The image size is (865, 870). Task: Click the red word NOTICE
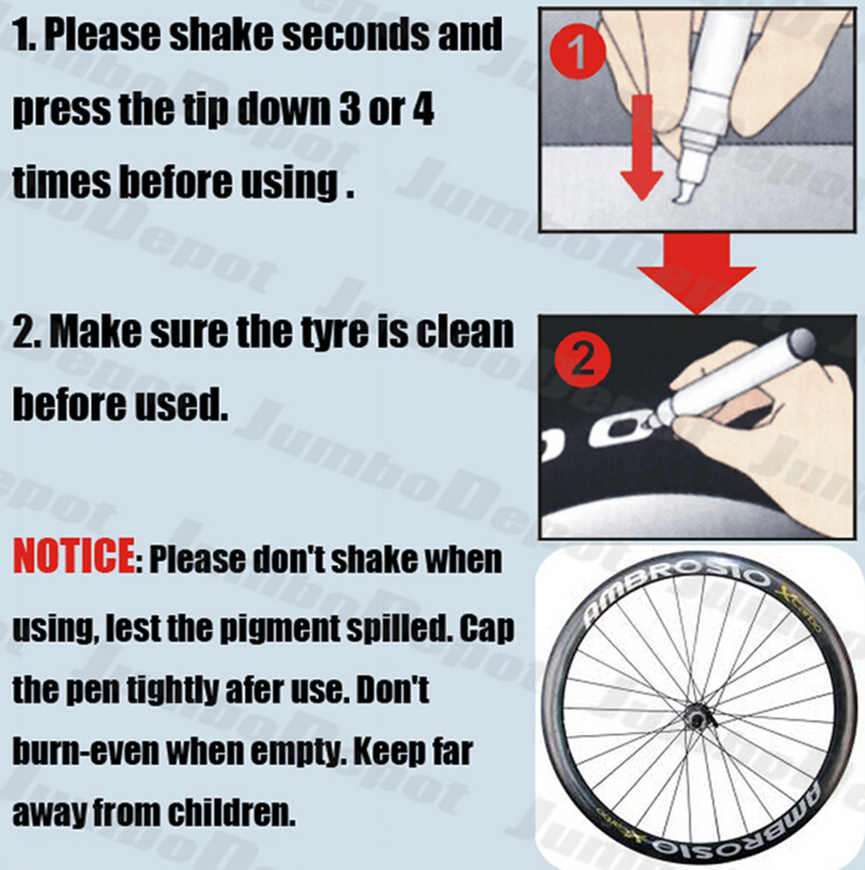pos(74,555)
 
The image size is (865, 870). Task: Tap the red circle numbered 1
pos(577,51)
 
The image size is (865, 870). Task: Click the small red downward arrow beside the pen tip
pos(642,147)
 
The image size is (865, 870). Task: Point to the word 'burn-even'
pos(86,752)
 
